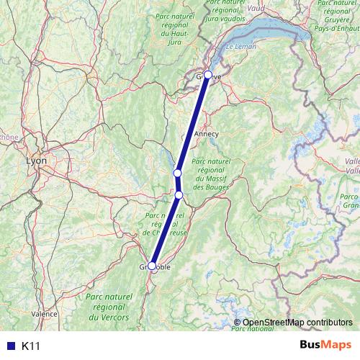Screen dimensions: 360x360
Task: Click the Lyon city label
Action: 35,161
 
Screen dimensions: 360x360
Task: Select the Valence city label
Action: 45,314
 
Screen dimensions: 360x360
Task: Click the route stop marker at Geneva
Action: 208,74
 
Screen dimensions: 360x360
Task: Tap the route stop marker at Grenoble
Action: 153,266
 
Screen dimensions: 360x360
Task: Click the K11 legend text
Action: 31,346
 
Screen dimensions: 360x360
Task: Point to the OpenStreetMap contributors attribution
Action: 297,323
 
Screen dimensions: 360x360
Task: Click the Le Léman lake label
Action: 240,47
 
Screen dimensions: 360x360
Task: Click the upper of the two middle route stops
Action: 177,174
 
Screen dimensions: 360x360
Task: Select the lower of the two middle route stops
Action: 179,194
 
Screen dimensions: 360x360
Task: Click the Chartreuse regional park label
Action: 165,223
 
